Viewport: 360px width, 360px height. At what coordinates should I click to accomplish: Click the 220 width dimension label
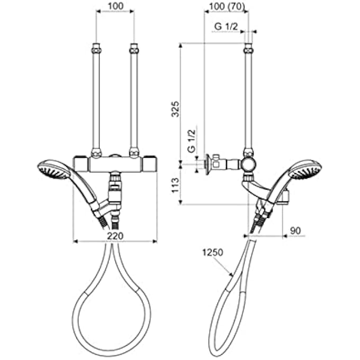coord(115,236)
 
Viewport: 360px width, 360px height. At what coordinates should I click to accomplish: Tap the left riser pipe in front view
coord(96,101)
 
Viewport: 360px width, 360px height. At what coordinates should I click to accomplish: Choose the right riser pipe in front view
coord(134,101)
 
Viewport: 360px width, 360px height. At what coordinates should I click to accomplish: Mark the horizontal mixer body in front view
coord(115,164)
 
